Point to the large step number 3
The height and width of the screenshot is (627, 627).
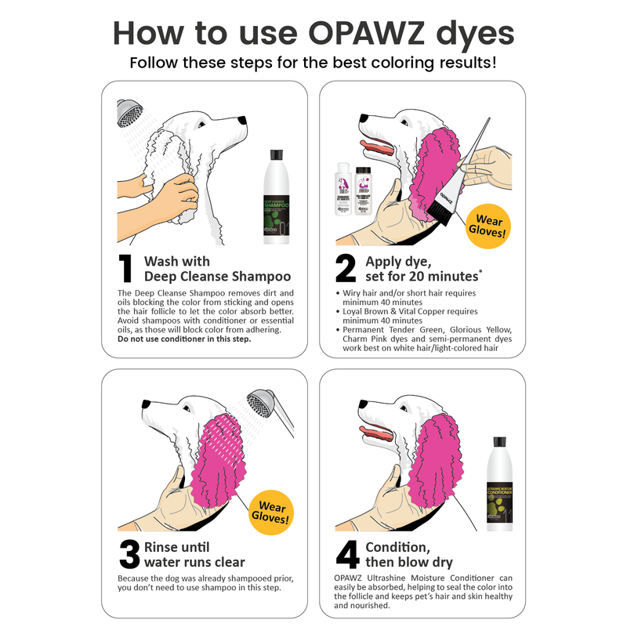point(129,555)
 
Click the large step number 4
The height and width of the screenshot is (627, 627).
point(346,555)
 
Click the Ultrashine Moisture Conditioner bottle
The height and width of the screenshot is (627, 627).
point(502,485)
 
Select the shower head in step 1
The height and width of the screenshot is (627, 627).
point(129,113)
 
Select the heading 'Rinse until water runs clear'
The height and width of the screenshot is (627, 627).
point(194,554)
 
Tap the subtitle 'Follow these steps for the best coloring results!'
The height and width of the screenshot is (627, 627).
point(313,63)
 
